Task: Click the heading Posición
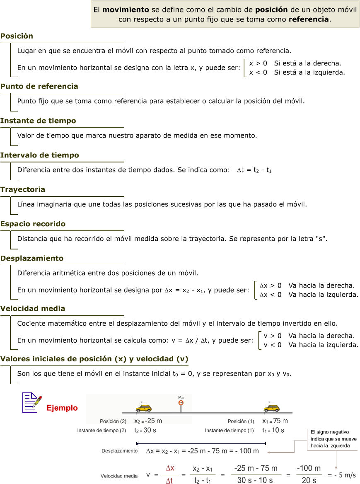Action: [17, 36]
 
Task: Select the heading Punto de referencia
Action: [39, 86]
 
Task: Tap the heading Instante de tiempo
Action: [38, 121]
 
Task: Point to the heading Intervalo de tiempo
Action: [39, 155]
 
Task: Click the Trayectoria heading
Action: [23, 189]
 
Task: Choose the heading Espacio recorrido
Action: [33, 224]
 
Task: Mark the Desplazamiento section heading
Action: [32, 258]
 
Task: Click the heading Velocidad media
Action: [33, 309]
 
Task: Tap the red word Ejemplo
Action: [62, 408]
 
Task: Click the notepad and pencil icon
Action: [31, 402]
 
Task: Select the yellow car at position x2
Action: [144, 408]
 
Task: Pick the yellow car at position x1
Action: [271, 408]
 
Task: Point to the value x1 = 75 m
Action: [275, 421]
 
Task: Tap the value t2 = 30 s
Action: [145, 430]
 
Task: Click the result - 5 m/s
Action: [341, 475]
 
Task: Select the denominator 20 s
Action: [309, 480]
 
